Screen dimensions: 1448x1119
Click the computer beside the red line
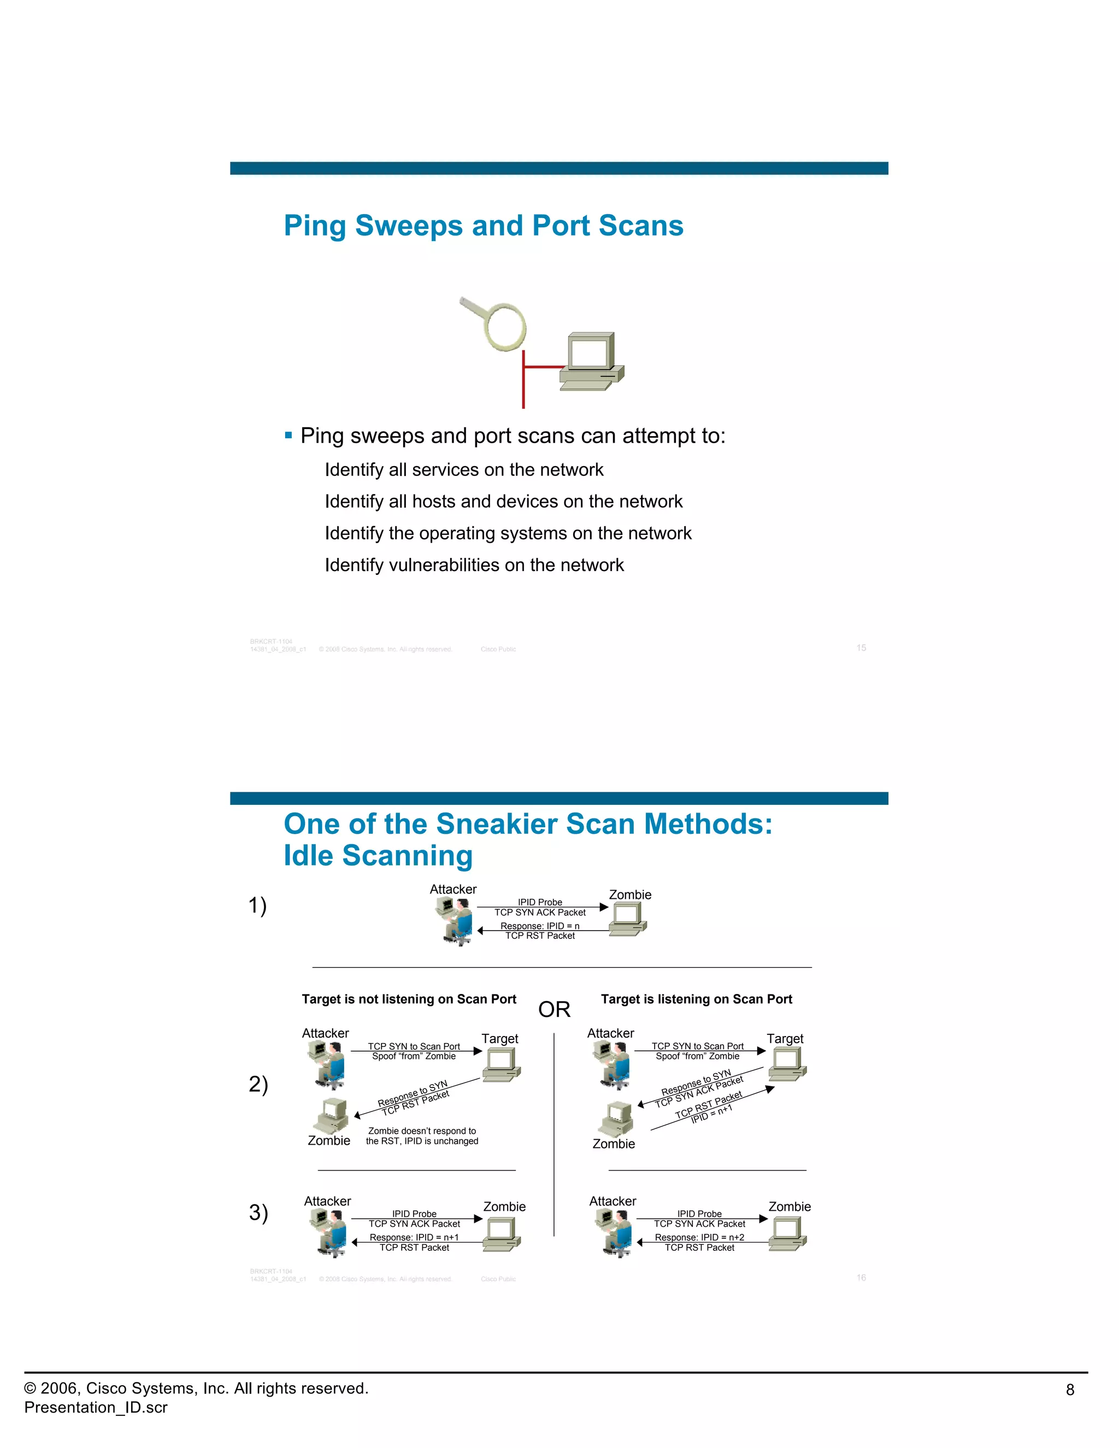[591, 361]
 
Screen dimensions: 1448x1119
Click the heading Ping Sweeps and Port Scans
[483, 226]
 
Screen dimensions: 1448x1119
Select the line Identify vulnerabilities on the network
[474, 565]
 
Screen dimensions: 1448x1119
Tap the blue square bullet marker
[288, 435]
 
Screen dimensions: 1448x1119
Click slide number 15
[861, 648]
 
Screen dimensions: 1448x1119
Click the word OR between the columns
[554, 1009]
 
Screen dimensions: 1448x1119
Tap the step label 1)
[257, 905]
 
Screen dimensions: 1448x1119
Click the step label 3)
[258, 1212]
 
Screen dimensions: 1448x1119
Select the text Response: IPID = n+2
[699, 1237]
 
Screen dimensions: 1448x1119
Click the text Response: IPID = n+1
[414, 1237]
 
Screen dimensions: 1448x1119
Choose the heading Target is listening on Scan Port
[696, 999]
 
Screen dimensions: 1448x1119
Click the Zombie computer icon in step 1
[628, 919]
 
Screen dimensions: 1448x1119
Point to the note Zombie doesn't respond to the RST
[422, 1136]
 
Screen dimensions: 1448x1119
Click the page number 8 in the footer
[1069, 1390]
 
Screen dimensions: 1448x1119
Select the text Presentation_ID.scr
[96, 1407]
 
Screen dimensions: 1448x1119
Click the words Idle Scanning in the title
[378, 855]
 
